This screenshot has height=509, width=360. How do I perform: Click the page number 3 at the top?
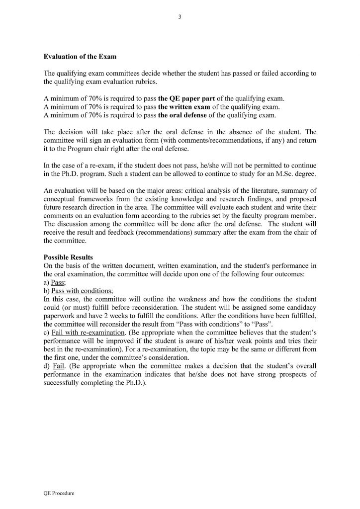pos(180,17)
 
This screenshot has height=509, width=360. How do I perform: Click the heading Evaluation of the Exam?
pos(80,57)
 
